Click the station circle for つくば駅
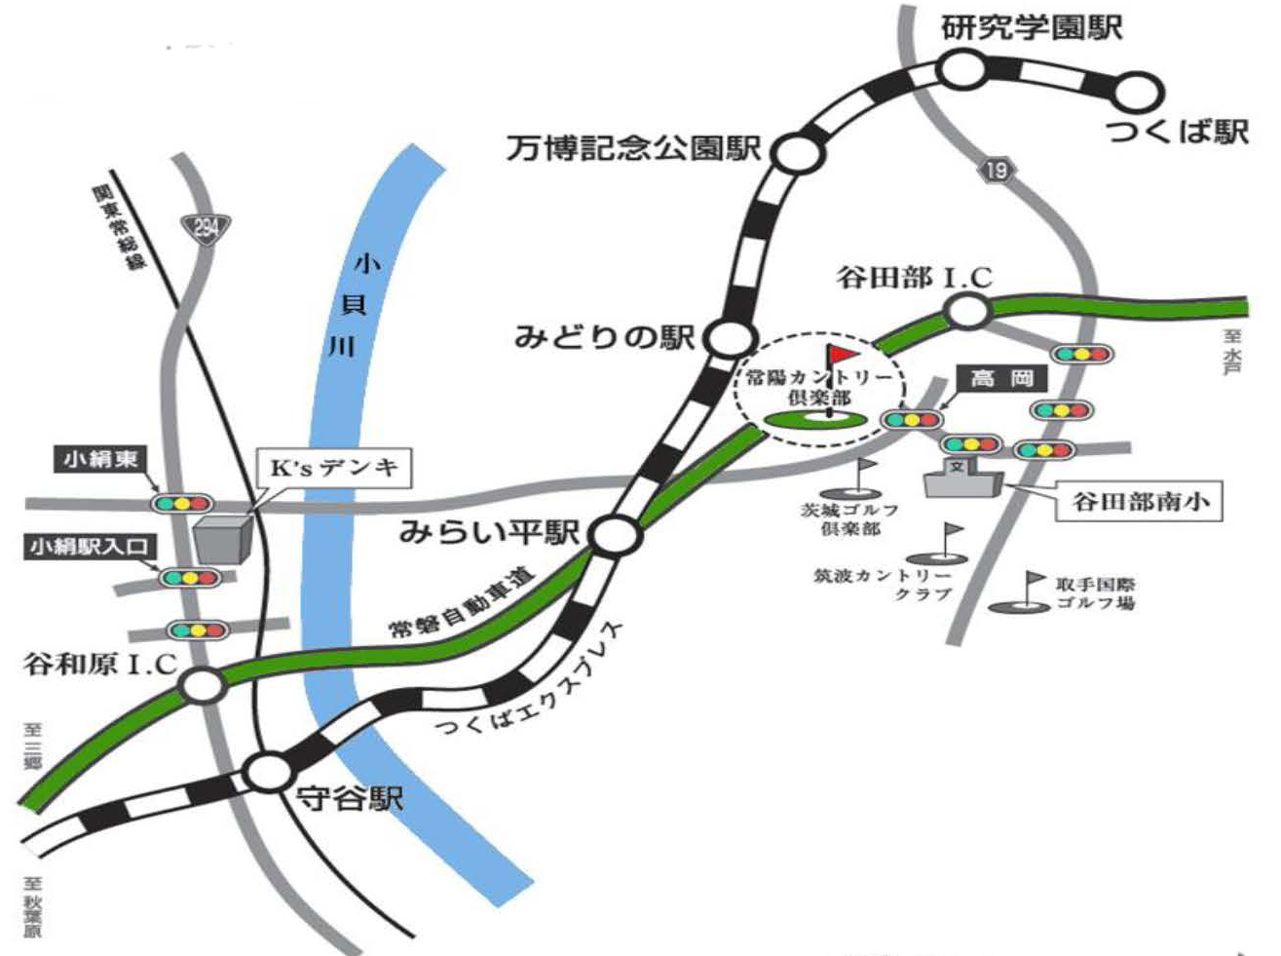(1138, 94)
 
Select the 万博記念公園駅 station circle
(799, 153)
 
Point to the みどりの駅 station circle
(731, 339)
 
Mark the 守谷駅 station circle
(266, 773)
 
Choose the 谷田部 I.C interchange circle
(967, 312)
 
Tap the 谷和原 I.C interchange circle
(203, 686)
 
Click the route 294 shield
(206, 228)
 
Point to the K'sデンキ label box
(334, 468)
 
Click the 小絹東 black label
(100, 459)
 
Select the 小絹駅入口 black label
(90, 547)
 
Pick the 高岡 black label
(1001, 378)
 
